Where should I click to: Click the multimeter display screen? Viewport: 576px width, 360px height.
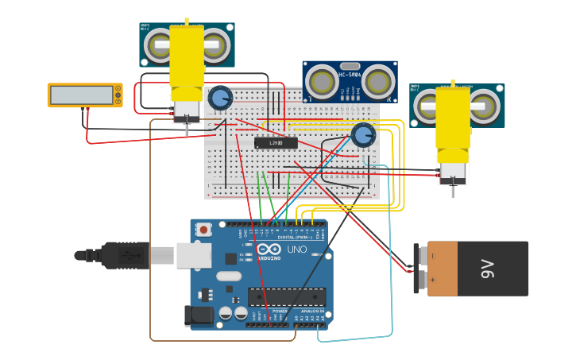coord(82,95)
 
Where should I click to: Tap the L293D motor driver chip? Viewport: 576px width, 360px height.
coord(276,143)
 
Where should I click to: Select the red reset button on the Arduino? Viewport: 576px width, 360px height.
coord(204,230)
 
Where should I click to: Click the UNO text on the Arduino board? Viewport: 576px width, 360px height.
coord(296,250)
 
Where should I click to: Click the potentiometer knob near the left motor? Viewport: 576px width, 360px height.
coord(219,99)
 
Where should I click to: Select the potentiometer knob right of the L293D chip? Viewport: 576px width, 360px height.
coord(363,135)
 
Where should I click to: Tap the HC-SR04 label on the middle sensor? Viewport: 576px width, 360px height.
coord(350,74)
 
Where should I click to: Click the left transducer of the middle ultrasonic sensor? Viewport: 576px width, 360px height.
coord(323,81)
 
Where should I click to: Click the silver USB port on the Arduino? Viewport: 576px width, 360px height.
coord(193,254)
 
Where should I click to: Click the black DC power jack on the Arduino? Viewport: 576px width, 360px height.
coord(199,315)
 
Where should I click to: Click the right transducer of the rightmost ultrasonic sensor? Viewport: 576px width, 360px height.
coord(485,104)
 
